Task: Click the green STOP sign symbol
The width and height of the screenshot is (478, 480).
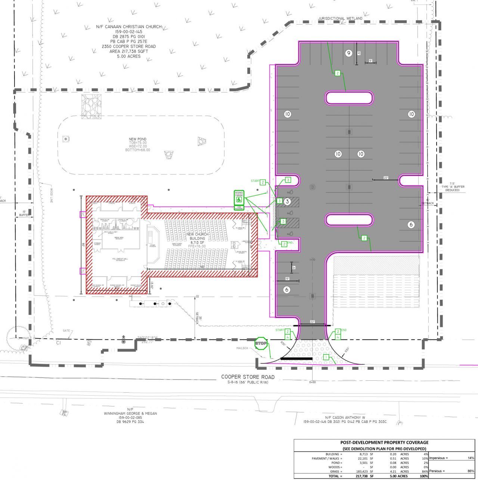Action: point(261,343)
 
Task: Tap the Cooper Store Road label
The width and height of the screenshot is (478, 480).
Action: point(248,377)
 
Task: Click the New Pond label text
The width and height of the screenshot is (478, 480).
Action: point(138,139)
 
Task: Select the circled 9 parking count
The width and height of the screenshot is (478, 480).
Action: point(348,53)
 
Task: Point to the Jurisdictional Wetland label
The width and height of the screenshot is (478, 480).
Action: point(340,18)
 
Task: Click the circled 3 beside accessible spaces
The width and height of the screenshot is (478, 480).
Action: point(287,202)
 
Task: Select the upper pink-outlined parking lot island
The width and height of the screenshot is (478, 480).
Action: point(349,98)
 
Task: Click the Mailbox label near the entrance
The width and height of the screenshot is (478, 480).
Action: point(242,348)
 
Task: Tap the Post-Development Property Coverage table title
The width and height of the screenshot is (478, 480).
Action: point(384,442)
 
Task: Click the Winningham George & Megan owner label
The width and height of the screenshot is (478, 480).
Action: point(130,414)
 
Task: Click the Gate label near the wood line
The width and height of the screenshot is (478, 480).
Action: point(66,331)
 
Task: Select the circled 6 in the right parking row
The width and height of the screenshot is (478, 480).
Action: point(411,224)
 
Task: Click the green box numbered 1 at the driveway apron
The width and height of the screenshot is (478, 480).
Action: point(326,358)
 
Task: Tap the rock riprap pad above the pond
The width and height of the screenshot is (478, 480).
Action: point(91,106)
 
